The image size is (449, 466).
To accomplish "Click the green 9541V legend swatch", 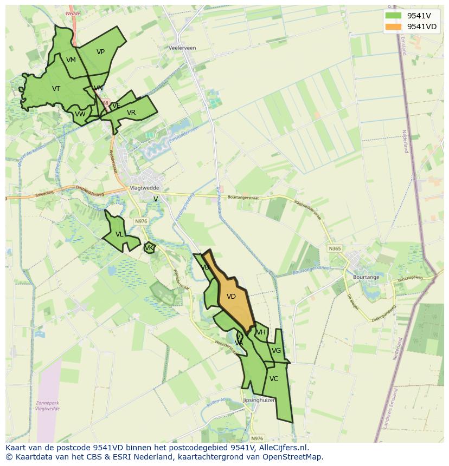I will (x=394, y=16).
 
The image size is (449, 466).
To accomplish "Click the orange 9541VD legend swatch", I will (x=394, y=27).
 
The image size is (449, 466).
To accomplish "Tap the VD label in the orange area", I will (x=231, y=297).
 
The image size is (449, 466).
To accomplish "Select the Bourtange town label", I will (x=366, y=277).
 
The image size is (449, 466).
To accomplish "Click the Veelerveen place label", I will (x=182, y=48).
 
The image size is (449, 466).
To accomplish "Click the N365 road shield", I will (x=335, y=248).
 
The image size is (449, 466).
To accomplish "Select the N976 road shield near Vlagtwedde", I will (x=140, y=221).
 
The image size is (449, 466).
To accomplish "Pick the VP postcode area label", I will (x=100, y=52).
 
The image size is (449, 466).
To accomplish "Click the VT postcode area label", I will (x=56, y=88).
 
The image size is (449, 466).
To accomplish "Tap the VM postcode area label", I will (x=71, y=60).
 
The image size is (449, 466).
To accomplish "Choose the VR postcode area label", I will (x=131, y=113).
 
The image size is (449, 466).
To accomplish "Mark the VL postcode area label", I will (x=119, y=234).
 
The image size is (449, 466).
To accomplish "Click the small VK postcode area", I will (x=149, y=248).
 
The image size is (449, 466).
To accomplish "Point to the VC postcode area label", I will (x=274, y=379).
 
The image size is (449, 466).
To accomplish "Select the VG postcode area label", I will (x=276, y=351).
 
